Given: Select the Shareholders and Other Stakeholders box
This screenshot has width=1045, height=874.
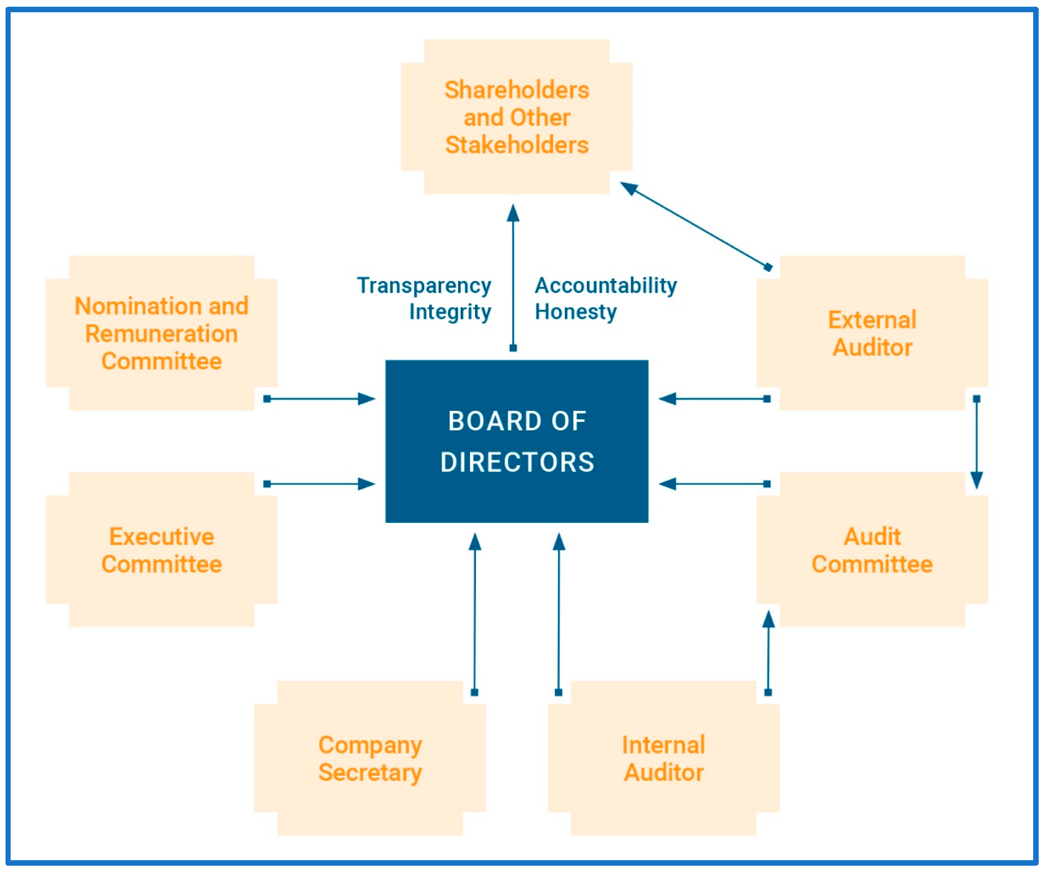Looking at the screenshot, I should point(517,117).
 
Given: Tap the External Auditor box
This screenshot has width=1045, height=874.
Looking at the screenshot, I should point(872,333).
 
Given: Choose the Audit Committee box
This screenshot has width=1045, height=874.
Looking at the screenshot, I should point(872,550).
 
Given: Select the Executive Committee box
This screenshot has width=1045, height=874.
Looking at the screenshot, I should point(161,550).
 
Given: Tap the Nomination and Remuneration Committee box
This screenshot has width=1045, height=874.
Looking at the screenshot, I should point(161,333).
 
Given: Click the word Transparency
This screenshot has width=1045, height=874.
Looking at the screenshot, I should point(424,286).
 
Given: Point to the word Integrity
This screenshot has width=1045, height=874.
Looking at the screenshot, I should point(450,312).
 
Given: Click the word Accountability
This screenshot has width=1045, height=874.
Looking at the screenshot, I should point(605,286).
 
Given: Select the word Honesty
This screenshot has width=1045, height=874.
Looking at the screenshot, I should point(576,312).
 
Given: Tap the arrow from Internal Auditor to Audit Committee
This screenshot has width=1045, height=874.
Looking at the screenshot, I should point(768,652).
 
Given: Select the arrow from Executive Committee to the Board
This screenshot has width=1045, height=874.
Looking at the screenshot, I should point(318,484).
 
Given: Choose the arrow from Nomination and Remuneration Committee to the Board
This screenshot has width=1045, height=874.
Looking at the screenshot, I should point(318,398).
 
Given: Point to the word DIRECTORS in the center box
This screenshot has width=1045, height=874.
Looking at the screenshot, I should point(517,462).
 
